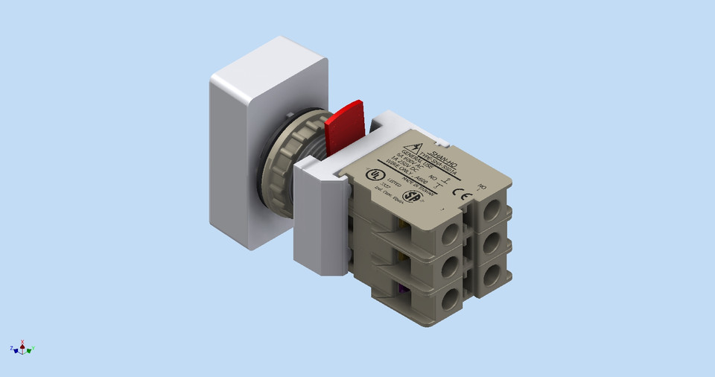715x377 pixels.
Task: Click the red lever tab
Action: (x=346, y=125)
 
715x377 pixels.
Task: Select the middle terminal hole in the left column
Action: (x=450, y=267)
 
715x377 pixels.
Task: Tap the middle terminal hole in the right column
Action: (x=492, y=244)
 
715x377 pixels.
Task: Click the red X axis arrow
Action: (x=22, y=343)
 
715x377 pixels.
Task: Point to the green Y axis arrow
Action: (x=32, y=349)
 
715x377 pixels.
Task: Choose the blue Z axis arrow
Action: (x=13, y=349)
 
